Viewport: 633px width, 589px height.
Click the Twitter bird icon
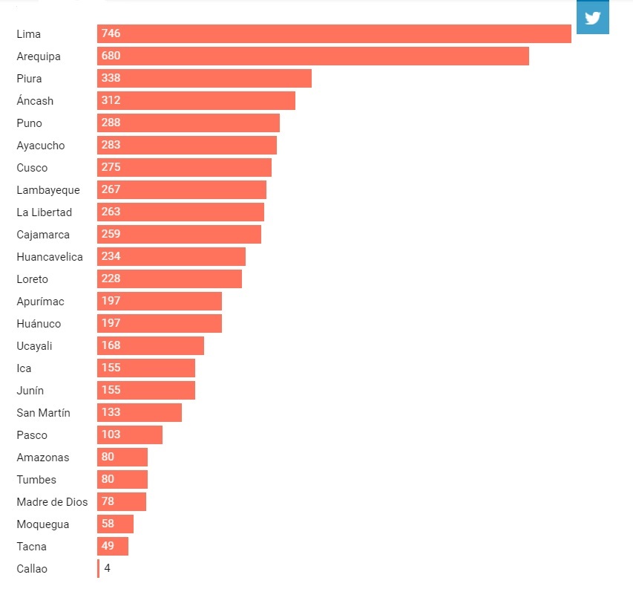592,18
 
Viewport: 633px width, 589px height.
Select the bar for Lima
334,33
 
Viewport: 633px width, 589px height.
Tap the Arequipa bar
312,56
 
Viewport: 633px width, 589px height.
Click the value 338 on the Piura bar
111,78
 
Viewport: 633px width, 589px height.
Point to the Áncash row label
35,101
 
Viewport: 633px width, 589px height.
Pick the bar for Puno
188,123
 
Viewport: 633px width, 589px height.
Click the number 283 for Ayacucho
111,145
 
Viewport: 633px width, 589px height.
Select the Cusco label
32,168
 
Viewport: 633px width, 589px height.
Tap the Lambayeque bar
181,189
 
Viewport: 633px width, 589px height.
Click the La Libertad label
45,212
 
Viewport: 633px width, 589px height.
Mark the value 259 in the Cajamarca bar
111,234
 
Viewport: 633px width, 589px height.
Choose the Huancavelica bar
171,256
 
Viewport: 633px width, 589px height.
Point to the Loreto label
32,279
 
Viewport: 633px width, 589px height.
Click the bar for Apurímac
159,301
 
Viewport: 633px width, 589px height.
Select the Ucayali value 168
111,345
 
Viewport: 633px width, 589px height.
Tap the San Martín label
43,413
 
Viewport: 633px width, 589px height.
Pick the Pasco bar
129,435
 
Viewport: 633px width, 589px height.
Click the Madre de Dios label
52,502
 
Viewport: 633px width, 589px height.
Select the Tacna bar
113,546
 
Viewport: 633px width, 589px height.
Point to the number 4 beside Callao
107,568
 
